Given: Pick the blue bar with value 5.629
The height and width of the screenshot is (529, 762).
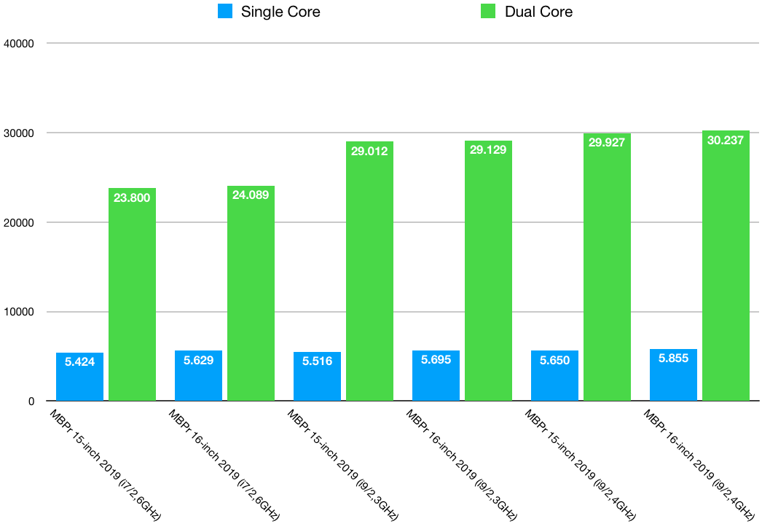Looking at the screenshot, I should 198,376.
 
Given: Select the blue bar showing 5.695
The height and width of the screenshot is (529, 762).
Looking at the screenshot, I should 436,376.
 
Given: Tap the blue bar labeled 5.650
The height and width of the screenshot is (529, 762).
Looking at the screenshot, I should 554,376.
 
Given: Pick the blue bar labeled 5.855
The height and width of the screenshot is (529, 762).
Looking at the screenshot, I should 673,375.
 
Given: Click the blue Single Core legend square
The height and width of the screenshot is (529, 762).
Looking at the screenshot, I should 225,12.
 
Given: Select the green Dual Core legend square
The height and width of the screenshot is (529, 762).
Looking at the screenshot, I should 489,12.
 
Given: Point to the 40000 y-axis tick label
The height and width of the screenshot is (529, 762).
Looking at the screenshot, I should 20,44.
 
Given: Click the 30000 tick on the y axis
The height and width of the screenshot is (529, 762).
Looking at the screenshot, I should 20,133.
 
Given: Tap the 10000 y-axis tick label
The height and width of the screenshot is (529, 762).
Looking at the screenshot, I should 20,312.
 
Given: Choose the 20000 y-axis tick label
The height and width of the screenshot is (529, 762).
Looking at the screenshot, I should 20,223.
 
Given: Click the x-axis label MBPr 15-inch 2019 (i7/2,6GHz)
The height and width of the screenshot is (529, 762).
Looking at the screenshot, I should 105,465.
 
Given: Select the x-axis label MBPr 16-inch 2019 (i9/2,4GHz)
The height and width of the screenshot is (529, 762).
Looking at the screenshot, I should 699,465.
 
